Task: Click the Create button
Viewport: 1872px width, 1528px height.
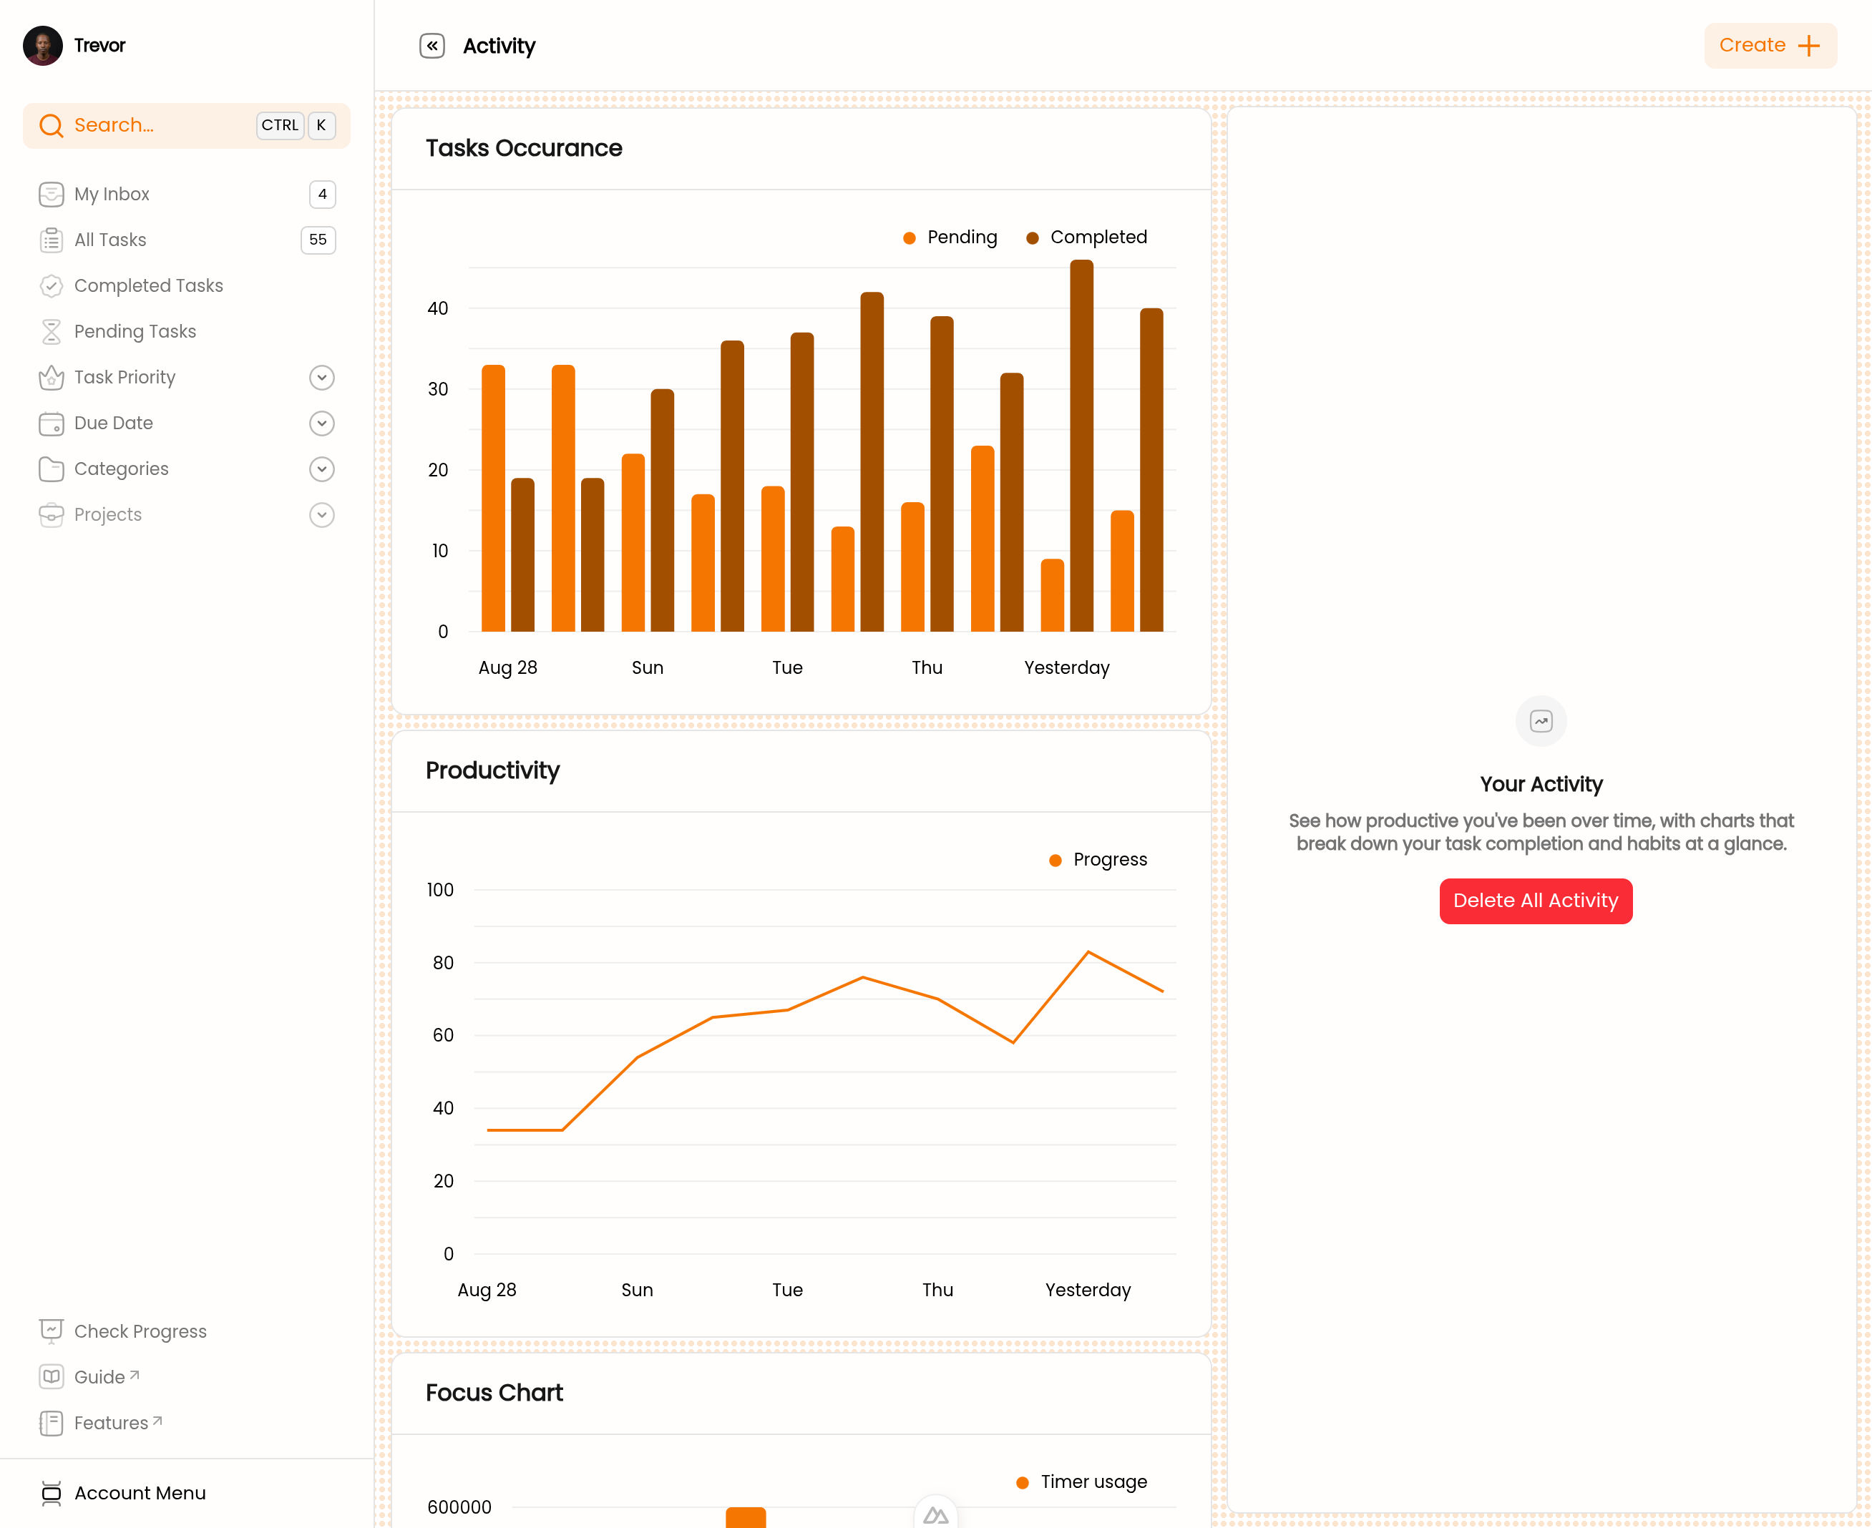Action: [1770, 46]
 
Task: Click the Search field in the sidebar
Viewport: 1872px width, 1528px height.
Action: [187, 125]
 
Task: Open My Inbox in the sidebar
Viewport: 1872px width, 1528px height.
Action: [112, 194]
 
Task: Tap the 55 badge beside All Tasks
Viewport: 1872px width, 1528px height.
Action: [318, 240]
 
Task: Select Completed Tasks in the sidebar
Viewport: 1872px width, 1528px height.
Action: [148, 285]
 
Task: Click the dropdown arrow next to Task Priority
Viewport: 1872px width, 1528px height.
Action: [322, 378]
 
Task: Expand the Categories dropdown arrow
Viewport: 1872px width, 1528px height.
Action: [322, 469]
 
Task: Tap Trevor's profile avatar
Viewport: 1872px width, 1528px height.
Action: [42, 46]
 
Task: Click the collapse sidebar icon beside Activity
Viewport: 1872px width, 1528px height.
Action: [432, 46]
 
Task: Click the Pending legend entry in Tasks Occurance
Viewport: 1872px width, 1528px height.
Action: [950, 237]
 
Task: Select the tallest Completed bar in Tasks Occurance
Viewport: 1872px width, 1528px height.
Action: [1081, 446]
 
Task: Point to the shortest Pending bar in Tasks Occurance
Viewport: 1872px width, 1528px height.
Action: [1052, 595]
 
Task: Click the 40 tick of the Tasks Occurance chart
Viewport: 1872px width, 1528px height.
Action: [438, 308]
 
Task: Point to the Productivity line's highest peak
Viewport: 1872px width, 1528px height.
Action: [1088, 951]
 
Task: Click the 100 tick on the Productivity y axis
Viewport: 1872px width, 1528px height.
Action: [440, 890]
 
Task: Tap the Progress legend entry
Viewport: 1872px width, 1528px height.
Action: [1098, 860]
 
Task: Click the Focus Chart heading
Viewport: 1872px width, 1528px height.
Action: [494, 1393]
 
